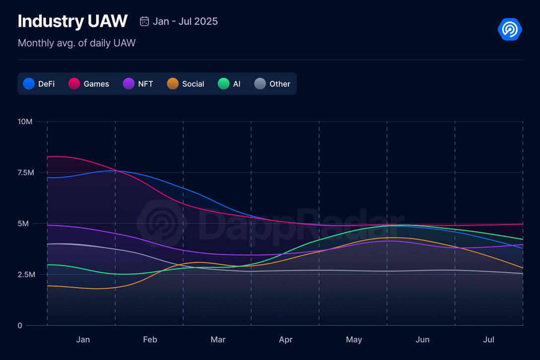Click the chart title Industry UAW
point(72,21)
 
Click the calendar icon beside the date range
point(144,21)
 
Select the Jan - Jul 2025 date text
point(185,21)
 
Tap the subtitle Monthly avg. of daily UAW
point(76,43)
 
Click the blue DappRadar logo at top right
point(510,29)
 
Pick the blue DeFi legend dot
point(29,84)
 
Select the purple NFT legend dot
point(129,84)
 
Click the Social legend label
point(193,84)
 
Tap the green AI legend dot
point(223,84)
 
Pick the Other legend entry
point(279,84)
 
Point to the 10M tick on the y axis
point(25,122)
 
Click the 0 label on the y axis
point(20,326)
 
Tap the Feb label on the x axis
point(150,340)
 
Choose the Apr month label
point(286,340)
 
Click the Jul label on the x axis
point(489,340)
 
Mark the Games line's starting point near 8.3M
point(48,157)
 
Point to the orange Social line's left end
point(48,286)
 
